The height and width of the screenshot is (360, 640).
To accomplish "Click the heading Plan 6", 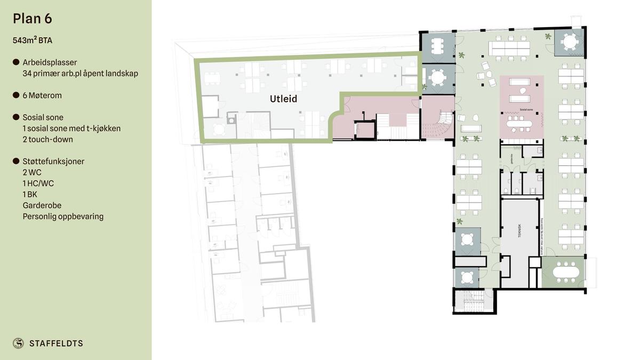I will coord(33,19).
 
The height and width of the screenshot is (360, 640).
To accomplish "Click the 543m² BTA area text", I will coord(33,40).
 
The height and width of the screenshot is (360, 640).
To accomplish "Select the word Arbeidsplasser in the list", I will coord(50,62).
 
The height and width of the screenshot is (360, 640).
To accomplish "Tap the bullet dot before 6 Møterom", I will coord(16,95).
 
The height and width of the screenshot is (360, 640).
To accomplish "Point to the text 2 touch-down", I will coord(47,139).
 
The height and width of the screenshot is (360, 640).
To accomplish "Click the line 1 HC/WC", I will coord(38,183).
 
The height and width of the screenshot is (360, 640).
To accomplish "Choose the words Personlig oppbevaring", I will coord(63,217).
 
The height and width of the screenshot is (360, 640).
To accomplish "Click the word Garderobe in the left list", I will coord(42,205).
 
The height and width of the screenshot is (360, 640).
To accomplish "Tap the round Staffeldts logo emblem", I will coord(18,343).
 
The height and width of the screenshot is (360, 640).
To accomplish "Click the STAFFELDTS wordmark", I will coord(56,343).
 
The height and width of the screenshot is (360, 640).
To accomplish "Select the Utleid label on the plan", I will coord(283,99).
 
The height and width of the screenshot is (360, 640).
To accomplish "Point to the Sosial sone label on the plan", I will coord(526,109).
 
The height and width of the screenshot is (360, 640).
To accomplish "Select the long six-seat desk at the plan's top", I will coord(510,48).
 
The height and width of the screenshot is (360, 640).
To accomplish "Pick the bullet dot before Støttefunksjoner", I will coord(16,161).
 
